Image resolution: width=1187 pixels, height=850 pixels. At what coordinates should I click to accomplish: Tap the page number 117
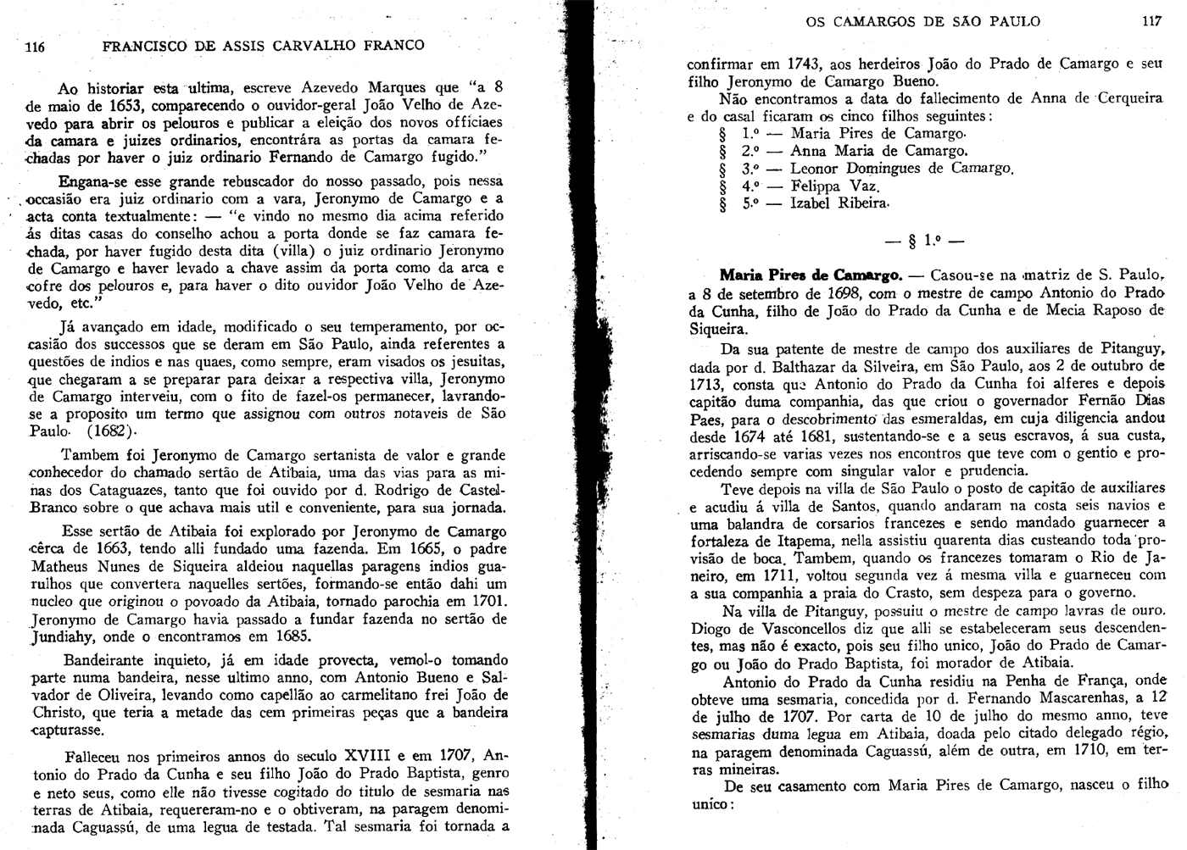(1151, 21)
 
